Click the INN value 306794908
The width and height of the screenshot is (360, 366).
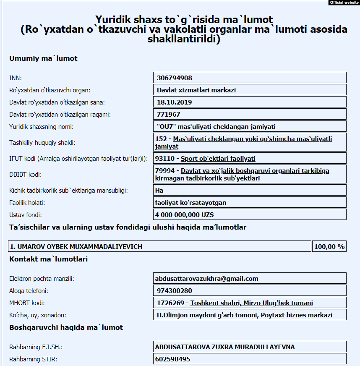[175, 78]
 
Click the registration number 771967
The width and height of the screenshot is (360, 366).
[169, 114]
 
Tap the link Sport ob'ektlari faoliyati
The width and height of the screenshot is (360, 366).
[218, 158]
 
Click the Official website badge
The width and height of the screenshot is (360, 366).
[344, 3]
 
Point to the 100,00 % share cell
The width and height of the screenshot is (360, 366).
[329, 247]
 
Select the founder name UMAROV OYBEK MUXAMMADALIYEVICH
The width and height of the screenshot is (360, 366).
[76, 247]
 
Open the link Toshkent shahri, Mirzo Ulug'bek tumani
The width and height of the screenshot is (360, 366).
[251, 303]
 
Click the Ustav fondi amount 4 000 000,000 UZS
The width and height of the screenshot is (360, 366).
[185, 214]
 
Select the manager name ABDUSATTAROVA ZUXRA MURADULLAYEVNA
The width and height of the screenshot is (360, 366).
[225, 347]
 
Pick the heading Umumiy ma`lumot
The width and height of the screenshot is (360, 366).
[43, 58]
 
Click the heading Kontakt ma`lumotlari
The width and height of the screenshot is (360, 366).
[48, 259]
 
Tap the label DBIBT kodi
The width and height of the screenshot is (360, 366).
[25, 174]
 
